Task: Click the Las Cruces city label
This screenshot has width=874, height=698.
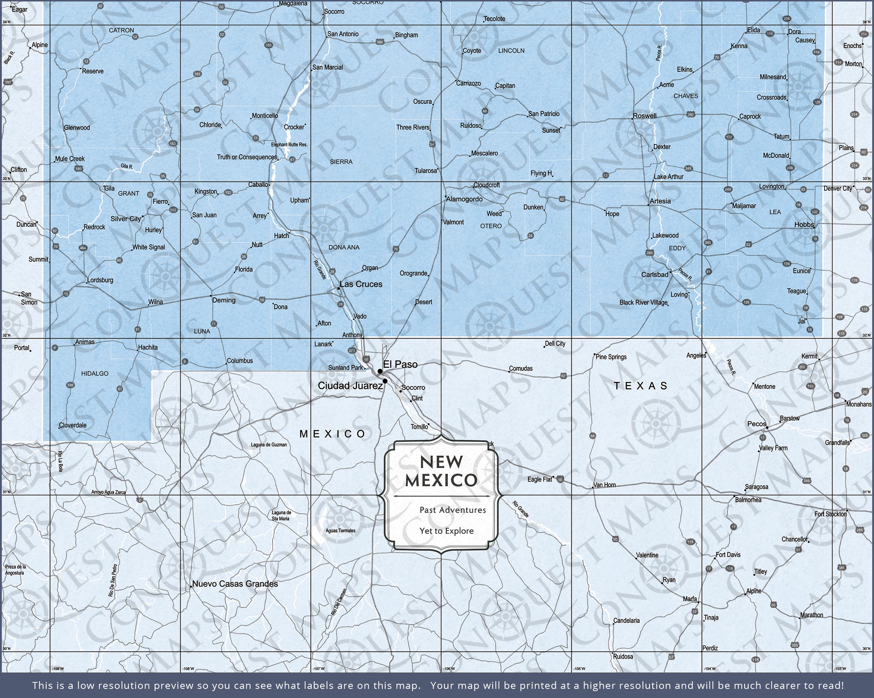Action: (361, 284)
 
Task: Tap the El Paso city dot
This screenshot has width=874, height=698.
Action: (380, 371)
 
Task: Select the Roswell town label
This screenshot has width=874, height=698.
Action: (645, 116)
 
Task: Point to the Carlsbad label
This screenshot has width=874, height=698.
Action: (655, 275)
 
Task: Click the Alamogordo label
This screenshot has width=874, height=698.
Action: (464, 199)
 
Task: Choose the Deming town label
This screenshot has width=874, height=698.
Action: (224, 300)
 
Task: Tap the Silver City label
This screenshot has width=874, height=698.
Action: (126, 219)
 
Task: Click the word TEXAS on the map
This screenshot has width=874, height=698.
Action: (641, 386)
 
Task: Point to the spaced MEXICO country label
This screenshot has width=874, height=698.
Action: (332, 434)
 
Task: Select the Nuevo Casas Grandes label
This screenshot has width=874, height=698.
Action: (235, 584)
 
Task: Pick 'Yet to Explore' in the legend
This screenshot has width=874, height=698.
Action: (446, 531)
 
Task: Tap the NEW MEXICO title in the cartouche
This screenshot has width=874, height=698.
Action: (441, 471)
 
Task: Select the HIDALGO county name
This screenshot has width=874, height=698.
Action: (95, 374)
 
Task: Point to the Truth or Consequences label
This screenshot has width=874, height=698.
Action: (247, 157)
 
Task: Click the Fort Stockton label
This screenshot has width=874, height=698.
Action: (831, 514)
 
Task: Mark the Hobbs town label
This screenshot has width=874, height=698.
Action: (804, 225)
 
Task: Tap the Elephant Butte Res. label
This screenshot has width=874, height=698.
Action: (289, 145)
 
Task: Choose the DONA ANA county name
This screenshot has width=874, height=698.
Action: (344, 247)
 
